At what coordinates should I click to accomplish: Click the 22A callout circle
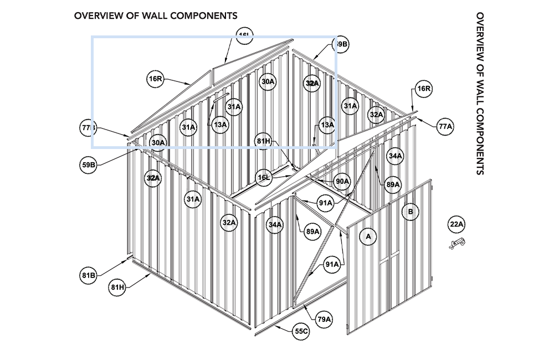(456, 224)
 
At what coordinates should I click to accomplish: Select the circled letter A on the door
(367, 237)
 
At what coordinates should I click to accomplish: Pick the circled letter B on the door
(411, 212)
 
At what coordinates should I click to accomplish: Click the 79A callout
(324, 319)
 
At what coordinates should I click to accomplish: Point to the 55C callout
(301, 331)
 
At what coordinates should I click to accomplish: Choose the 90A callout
(342, 182)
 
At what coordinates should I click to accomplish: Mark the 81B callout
(89, 275)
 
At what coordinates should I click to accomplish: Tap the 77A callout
(445, 127)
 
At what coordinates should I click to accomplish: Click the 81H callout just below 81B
(117, 287)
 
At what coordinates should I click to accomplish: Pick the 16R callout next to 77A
(424, 89)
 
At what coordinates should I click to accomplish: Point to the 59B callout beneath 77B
(89, 164)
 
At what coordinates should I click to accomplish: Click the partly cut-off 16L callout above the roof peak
(244, 37)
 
